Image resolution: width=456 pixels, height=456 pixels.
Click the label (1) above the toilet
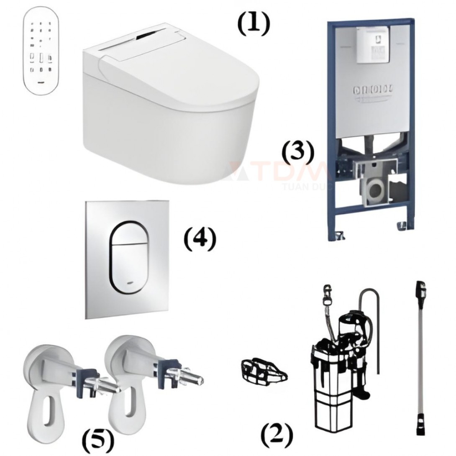(253, 25)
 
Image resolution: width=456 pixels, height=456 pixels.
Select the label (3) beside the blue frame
(297, 153)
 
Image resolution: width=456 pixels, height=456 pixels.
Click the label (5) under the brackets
(97, 439)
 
